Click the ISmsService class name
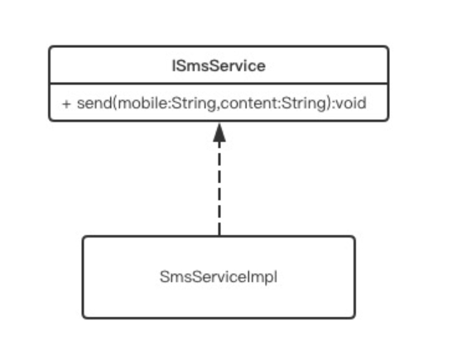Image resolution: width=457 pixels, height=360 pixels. point(219,66)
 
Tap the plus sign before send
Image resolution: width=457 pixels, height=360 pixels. point(66,104)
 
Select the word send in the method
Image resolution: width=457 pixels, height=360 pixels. point(94,103)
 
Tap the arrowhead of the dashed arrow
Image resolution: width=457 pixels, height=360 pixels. point(219,132)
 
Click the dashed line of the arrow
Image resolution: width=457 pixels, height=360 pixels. point(219,189)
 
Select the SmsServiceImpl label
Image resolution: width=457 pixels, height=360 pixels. point(219,277)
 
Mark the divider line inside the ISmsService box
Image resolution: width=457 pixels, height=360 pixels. point(219,84)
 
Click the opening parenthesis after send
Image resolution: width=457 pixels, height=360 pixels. point(115,103)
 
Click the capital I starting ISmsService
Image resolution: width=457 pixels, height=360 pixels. point(174,66)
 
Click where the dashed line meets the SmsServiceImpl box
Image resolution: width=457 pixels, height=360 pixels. point(219,236)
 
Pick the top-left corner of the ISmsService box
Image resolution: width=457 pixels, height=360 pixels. point(50,46)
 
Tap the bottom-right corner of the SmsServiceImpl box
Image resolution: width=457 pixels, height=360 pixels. point(354,318)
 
